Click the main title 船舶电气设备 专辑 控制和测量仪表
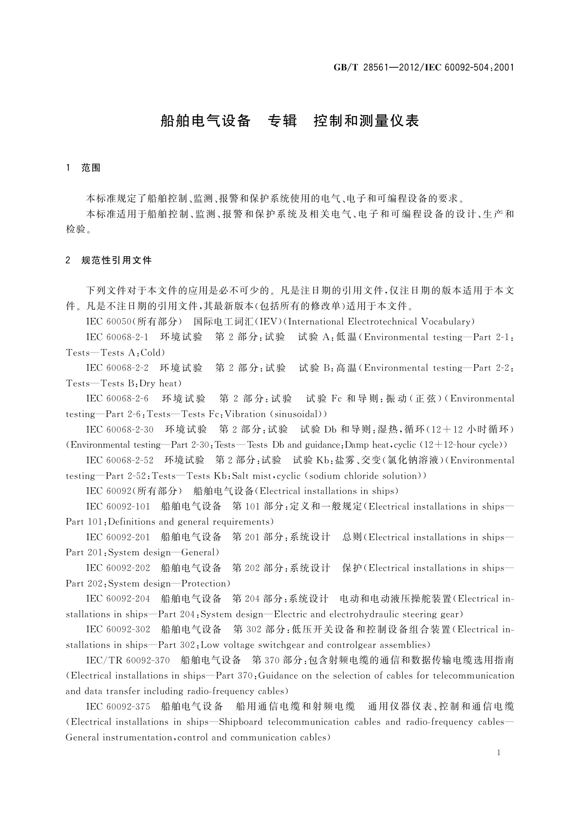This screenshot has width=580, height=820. tap(290, 121)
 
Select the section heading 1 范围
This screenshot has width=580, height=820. tap(83, 168)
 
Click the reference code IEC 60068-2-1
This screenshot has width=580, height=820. tap(117, 337)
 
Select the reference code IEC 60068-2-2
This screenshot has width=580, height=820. tap(117, 368)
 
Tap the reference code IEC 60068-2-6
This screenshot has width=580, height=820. tap(117, 398)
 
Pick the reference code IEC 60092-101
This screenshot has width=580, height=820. tap(118, 506)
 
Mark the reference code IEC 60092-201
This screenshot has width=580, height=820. tap(118, 537)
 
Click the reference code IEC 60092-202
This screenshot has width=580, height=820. tap(118, 568)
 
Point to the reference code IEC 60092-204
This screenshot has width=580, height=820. tap(118, 598)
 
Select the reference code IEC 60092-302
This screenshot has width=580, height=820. tap(118, 629)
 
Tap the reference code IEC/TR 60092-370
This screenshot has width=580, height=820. tap(128, 660)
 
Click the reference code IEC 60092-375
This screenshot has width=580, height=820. tap(118, 707)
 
